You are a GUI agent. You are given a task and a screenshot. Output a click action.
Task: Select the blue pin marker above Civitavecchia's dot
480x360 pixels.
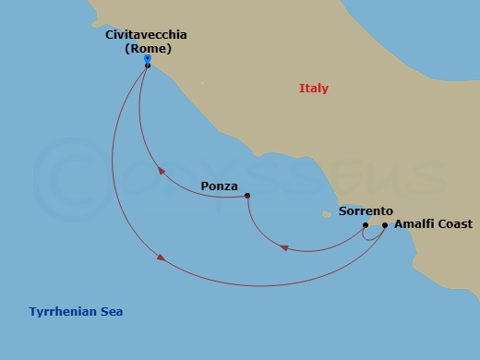[x=148, y=59]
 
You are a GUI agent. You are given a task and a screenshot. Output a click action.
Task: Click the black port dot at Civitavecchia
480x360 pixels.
[x=148, y=66]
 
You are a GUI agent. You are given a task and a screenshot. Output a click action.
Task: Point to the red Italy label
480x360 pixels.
[x=314, y=89]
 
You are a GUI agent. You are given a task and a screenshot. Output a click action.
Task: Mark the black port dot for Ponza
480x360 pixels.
[x=247, y=196]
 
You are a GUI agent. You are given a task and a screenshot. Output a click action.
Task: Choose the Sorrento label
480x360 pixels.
[x=366, y=211]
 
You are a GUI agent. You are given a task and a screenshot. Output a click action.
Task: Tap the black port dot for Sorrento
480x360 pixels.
[x=366, y=224]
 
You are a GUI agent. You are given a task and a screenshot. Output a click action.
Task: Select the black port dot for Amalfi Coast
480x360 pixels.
[x=385, y=224]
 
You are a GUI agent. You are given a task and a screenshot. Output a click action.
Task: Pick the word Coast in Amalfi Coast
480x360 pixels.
[x=454, y=224]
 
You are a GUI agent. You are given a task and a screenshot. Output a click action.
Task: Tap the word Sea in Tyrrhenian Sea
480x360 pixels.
[x=111, y=311]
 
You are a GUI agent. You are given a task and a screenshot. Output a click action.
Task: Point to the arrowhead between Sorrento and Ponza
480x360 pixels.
[x=284, y=247]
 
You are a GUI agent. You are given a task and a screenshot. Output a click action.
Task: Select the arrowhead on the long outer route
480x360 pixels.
[x=162, y=258]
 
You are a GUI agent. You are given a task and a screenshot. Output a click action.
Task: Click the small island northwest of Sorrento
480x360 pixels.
[x=325, y=215]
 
